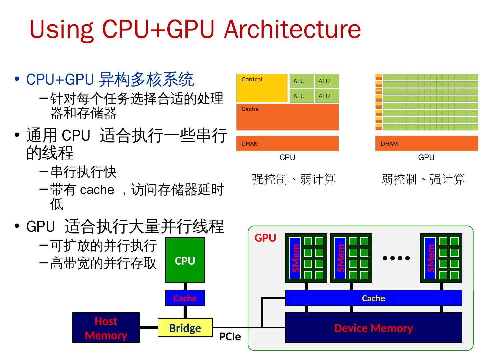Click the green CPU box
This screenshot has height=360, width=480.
tap(185, 260)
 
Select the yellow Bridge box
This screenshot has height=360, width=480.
tap(185, 328)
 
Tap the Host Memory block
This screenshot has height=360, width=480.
tap(106, 328)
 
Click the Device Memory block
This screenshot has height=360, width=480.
tap(374, 328)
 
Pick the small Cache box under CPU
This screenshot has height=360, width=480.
tap(185, 298)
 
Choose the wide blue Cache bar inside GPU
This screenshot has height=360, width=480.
tap(374, 298)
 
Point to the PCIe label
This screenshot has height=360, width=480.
tap(230, 337)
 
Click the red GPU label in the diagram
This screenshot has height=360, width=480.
tap(265, 238)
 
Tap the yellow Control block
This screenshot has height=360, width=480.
tap(262, 88)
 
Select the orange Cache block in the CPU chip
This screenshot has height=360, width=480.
tap(287, 117)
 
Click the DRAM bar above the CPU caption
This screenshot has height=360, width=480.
tap(287, 144)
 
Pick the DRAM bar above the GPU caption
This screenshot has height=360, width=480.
tap(426, 144)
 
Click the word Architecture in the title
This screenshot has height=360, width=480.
tap(292, 29)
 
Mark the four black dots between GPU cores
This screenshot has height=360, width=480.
tap(396, 258)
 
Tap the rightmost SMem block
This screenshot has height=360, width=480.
tap(430, 258)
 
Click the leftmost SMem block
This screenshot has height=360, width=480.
tap(295, 258)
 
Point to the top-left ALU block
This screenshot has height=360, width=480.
tap(301, 81)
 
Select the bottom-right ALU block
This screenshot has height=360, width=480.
tap(326, 96)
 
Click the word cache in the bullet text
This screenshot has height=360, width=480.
tap(97, 190)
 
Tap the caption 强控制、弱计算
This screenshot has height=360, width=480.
tap(293, 179)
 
